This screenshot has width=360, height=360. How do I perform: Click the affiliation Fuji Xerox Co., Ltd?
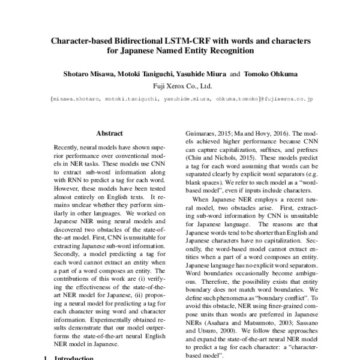180,85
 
